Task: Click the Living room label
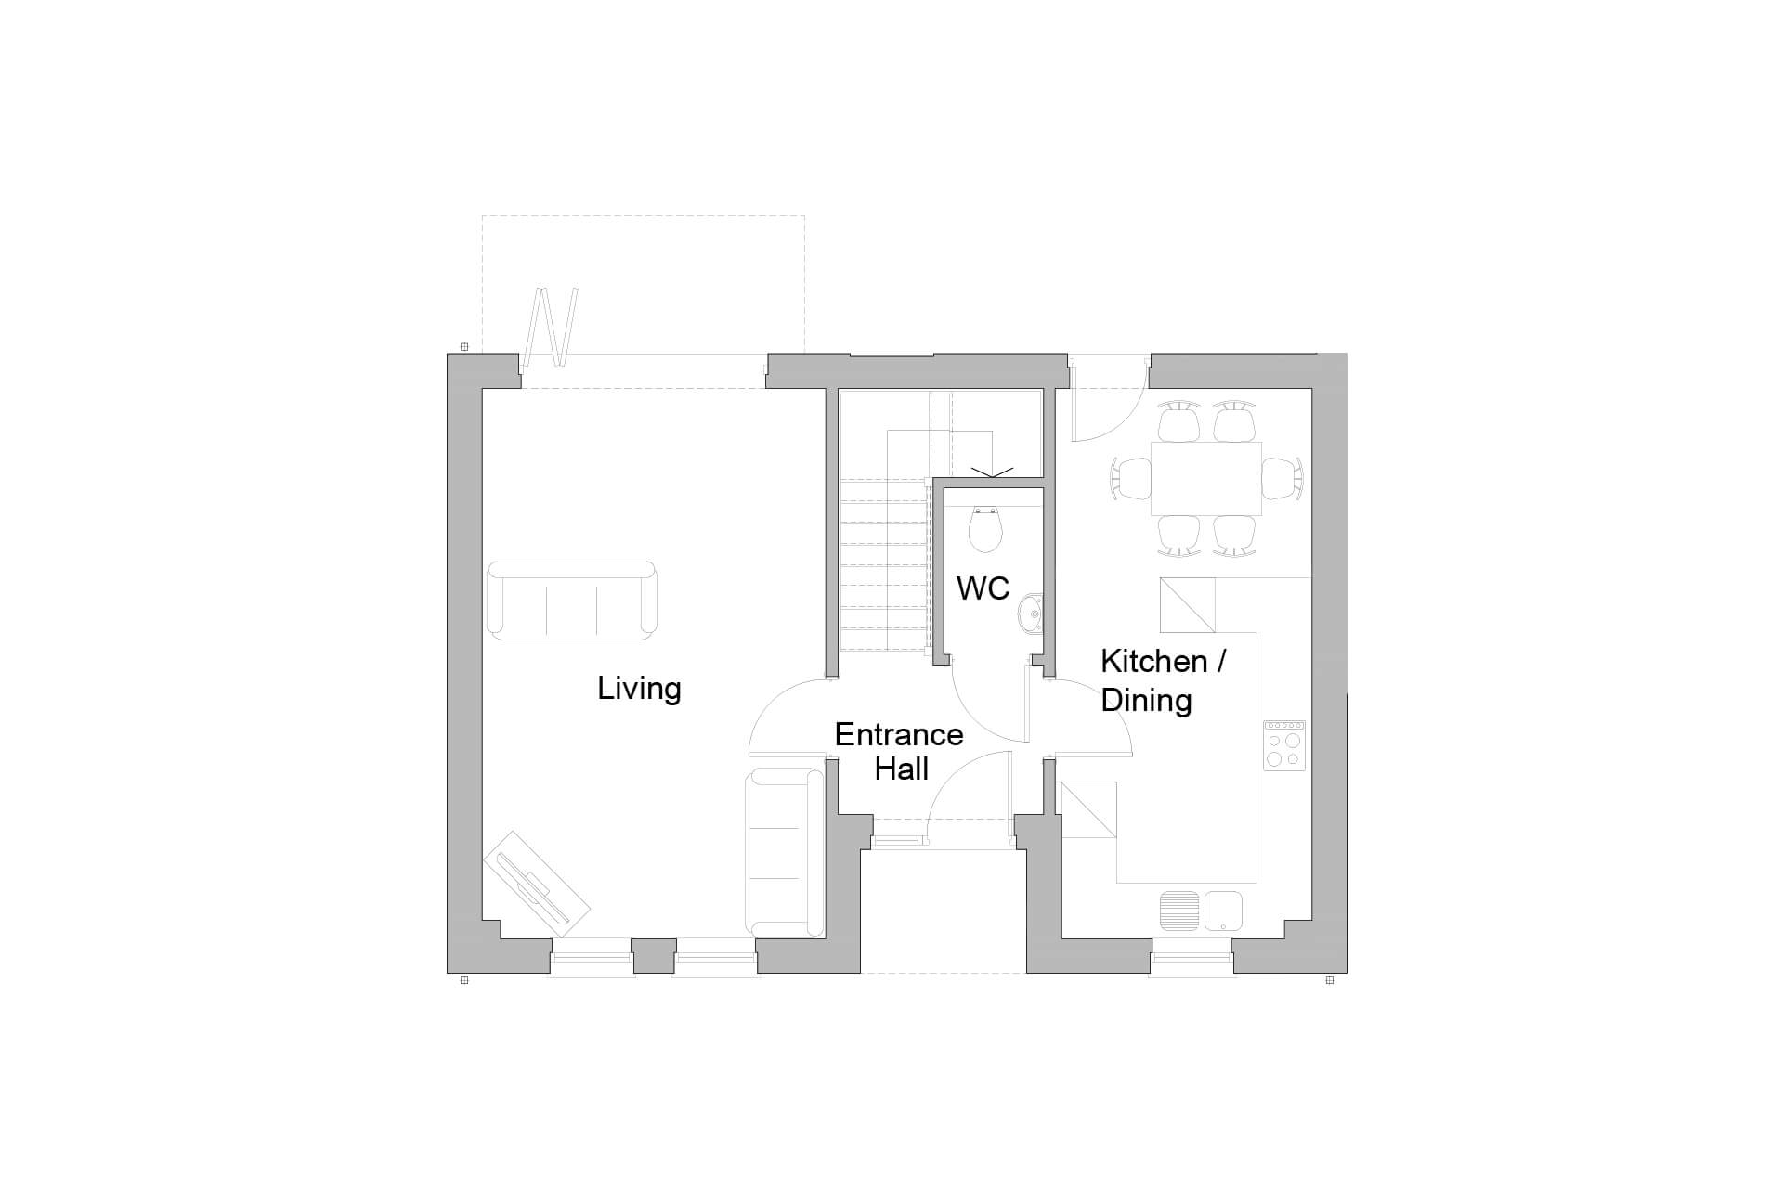click(x=639, y=689)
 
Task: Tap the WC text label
click(x=983, y=588)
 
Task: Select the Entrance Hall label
click(x=899, y=751)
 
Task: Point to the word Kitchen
click(x=1153, y=662)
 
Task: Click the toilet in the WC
click(x=985, y=529)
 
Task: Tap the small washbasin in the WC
click(x=1031, y=613)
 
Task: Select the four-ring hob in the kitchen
click(x=1283, y=746)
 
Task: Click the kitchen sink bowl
click(x=1223, y=910)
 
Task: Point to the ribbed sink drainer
click(x=1179, y=911)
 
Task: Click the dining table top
click(x=1205, y=479)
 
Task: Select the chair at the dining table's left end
click(x=1130, y=479)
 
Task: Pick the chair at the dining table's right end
click(x=1282, y=479)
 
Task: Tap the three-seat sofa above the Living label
click(x=571, y=601)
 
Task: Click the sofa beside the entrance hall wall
click(x=785, y=852)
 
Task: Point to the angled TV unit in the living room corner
click(x=537, y=886)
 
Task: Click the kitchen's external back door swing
click(x=1105, y=408)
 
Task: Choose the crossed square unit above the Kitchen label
click(x=1188, y=604)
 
